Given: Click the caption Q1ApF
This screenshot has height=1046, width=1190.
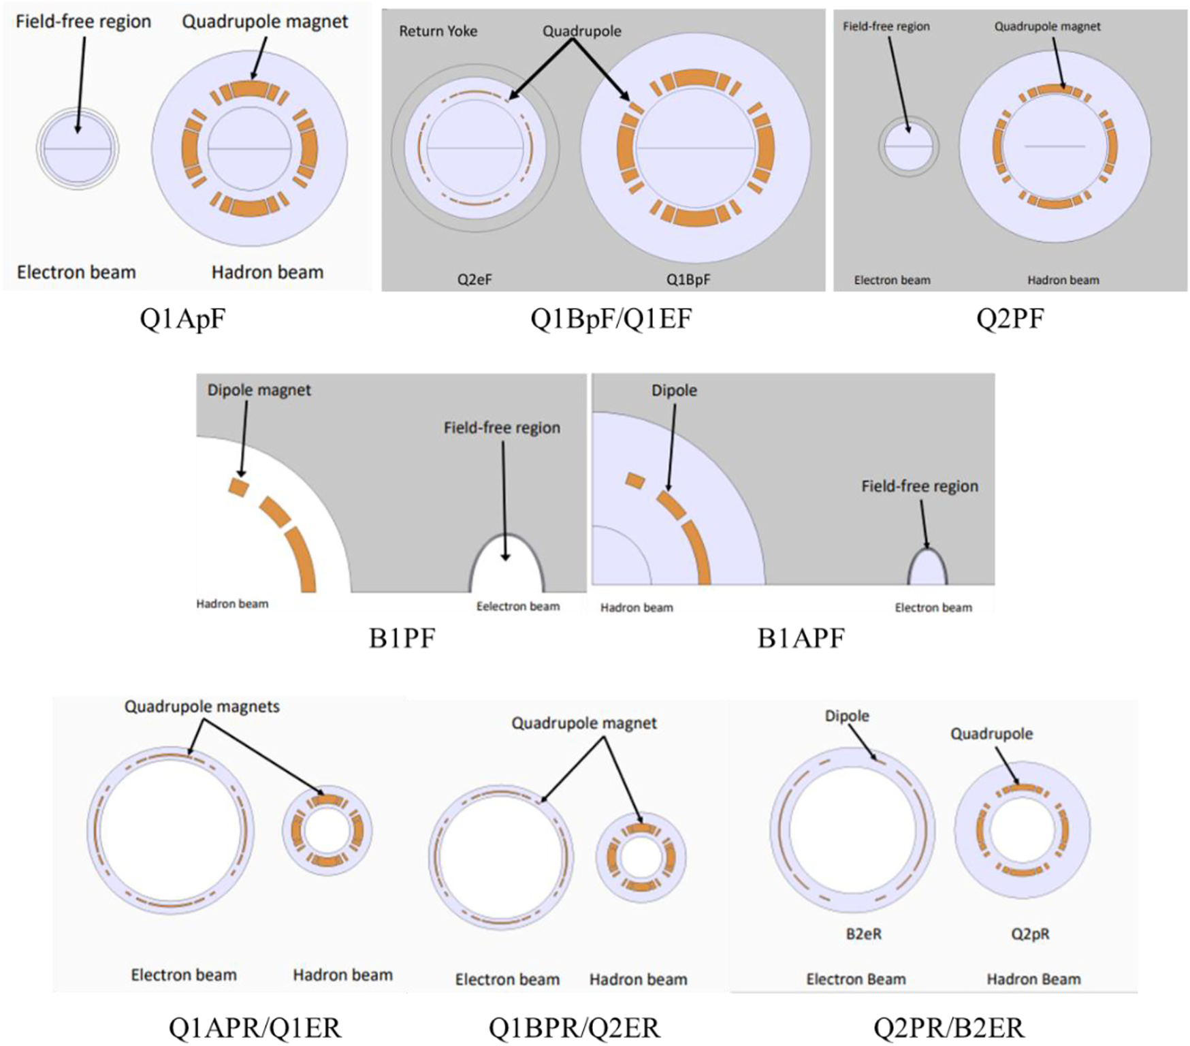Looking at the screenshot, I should [x=182, y=319].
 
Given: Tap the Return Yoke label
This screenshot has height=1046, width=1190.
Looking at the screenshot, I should [x=438, y=31].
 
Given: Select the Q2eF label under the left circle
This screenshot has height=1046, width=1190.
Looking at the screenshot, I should [x=475, y=279].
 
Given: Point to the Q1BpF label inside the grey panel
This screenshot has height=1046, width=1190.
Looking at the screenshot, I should [x=688, y=279].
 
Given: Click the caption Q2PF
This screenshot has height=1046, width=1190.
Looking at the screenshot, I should [x=1010, y=319].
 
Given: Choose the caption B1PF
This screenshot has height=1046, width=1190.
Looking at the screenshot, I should [x=402, y=638].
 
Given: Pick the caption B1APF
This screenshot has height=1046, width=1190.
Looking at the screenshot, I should [x=801, y=638].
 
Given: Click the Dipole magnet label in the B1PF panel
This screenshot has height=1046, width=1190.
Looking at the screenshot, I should [x=259, y=390].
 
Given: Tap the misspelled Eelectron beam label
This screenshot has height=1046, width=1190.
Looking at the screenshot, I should [x=517, y=606].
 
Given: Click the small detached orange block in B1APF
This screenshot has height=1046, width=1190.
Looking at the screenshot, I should [x=635, y=481].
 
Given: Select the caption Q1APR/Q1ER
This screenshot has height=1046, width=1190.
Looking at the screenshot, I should [x=255, y=1028].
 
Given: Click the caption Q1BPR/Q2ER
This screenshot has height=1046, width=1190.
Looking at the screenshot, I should [x=574, y=1028].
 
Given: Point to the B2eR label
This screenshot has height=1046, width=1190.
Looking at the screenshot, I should [x=863, y=934].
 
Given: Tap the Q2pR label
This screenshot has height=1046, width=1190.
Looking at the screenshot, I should [x=1030, y=934].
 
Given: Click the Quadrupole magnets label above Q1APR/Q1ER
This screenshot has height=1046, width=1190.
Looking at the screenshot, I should [x=202, y=707].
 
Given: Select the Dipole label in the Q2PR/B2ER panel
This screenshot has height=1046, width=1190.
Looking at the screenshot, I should [x=847, y=716].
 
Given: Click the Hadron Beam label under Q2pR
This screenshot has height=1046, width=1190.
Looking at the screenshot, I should [x=1033, y=979].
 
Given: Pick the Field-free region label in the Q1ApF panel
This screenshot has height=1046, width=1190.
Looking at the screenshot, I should [x=83, y=22].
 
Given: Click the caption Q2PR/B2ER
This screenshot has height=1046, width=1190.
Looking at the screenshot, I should [x=948, y=1028].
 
